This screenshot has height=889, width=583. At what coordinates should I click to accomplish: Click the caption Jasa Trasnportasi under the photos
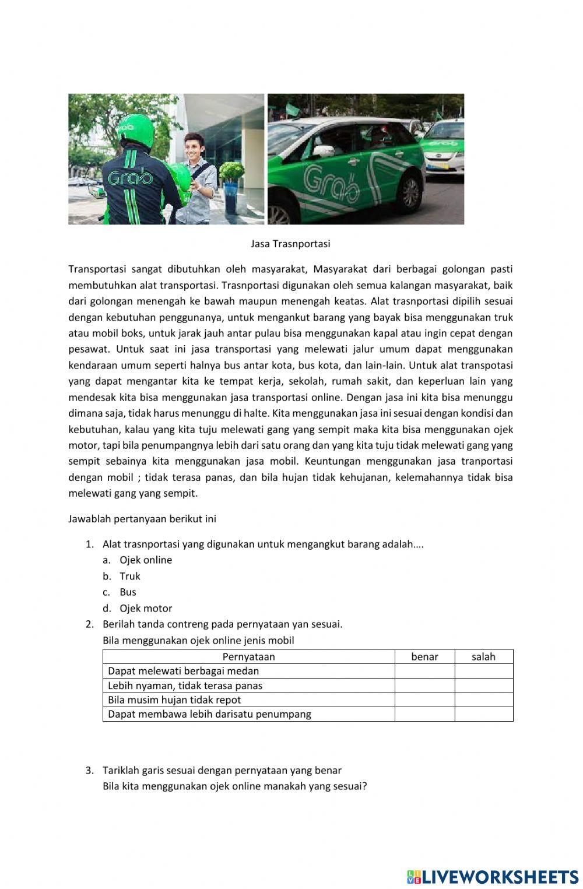(290, 244)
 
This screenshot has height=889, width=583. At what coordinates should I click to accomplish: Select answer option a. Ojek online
(145, 560)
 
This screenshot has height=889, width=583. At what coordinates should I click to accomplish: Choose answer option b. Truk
(129, 576)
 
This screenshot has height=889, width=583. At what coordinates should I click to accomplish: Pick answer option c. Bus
(128, 592)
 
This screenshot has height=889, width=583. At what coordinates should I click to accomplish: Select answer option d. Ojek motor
(145, 609)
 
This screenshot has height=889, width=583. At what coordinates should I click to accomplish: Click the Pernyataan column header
(248, 657)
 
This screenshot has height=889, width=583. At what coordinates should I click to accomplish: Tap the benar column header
(424, 657)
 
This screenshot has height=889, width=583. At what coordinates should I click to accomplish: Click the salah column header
(483, 657)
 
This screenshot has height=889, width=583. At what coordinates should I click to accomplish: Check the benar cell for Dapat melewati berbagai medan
(424, 671)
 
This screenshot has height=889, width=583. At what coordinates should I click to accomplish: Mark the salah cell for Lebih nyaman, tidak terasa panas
(483, 686)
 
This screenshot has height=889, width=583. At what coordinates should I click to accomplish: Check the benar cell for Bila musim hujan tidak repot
(424, 700)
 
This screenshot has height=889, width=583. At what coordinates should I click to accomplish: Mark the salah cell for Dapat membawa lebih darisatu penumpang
(483, 714)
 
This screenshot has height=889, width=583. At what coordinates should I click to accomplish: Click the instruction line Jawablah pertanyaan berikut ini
(142, 519)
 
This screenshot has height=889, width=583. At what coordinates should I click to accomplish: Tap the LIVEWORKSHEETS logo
(492, 877)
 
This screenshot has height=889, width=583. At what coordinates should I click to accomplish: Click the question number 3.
(89, 771)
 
